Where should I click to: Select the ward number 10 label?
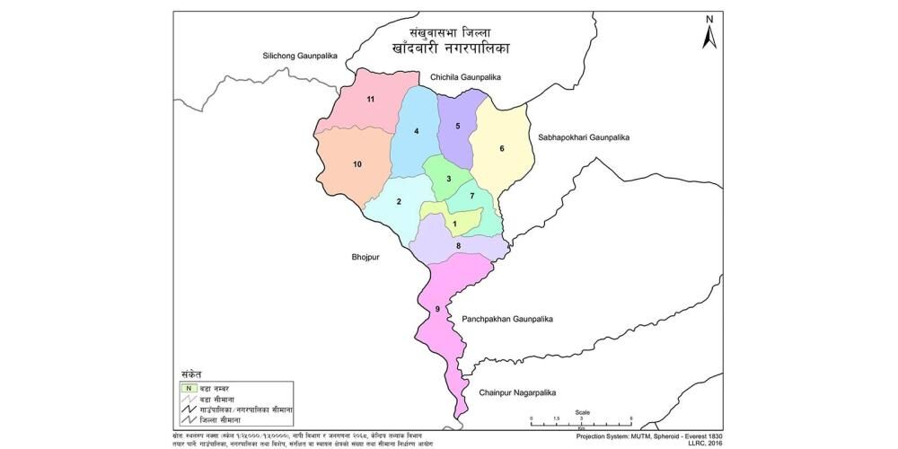pos(357,164)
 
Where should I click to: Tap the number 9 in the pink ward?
pos(437,309)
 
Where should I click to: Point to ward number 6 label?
pos(502,148)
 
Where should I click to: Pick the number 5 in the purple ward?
pos(458,126)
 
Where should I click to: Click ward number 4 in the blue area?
pos(417,132)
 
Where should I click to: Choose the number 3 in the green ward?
pos(448,180)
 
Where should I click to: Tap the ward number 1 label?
pos(455,224)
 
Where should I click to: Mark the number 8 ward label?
pos(458,245)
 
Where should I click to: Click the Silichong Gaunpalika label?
pos(299,56)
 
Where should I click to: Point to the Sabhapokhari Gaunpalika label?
pos(585,137)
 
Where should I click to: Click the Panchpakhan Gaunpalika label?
pos(507,319)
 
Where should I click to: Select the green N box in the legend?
pos(189,386)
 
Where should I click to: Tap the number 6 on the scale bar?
pos(631,419)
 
